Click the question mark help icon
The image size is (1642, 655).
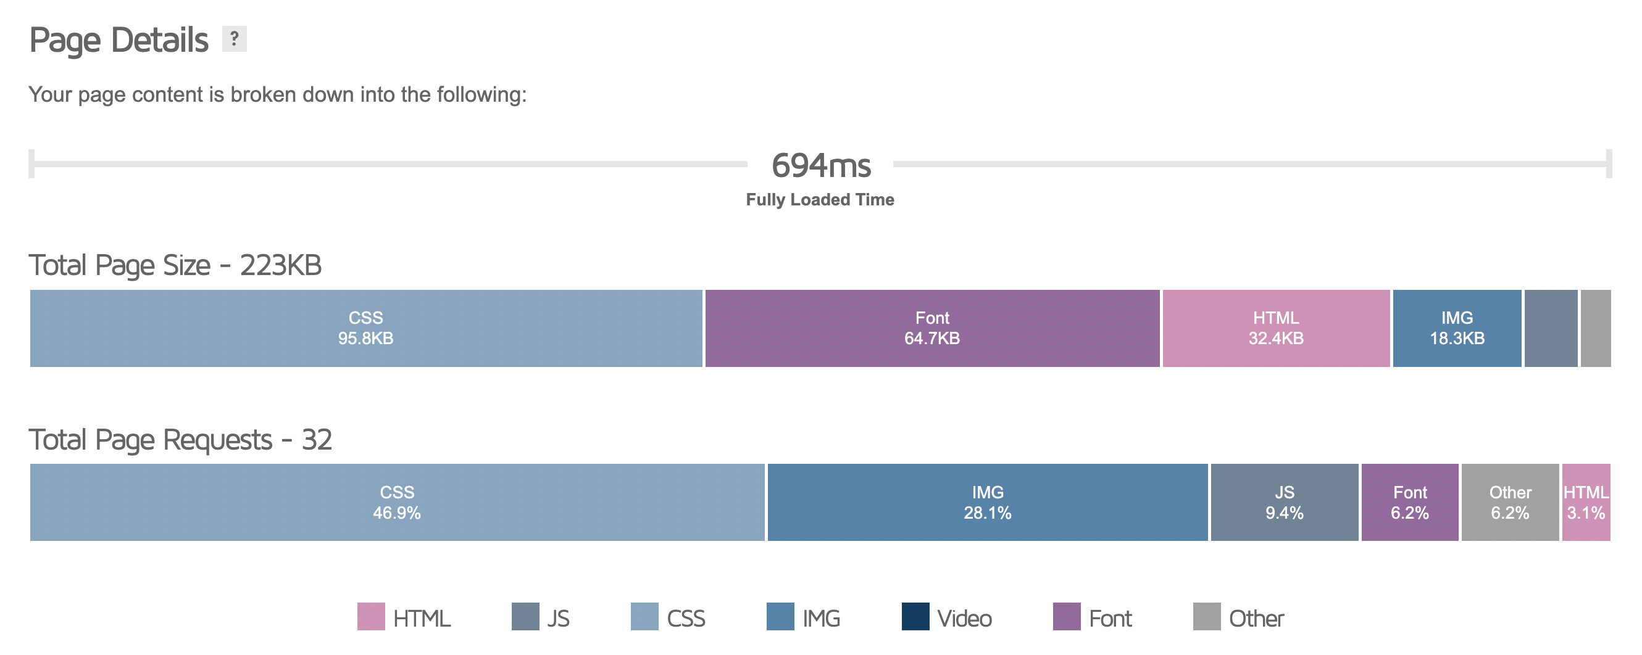[234, 39]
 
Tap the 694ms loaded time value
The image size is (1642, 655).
[820, 166]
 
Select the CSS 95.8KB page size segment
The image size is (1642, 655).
[366, 328]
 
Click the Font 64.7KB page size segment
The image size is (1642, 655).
[932, 328]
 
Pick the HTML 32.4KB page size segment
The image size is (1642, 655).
[1275, 328]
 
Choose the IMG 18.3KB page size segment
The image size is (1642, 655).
[1457, 328]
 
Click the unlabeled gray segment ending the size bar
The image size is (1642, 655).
[1596, 328]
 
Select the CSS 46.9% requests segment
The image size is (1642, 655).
[396, 502]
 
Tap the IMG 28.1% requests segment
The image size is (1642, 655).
[988, 502]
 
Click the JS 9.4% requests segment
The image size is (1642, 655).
[1284, 502]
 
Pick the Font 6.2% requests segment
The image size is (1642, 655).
[1409, 502]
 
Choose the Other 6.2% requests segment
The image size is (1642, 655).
[1509, 502]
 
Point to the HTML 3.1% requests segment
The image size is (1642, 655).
[1586, 502]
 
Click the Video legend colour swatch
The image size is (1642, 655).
[915, 616]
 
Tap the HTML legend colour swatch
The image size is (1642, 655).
[371, 616]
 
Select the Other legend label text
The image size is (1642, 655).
[1256, 619]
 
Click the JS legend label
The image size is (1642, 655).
[559, 619]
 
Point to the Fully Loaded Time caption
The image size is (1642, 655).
[820, 199]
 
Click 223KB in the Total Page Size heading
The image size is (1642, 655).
[280, 265]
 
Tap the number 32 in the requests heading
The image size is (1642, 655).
[316, 440]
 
